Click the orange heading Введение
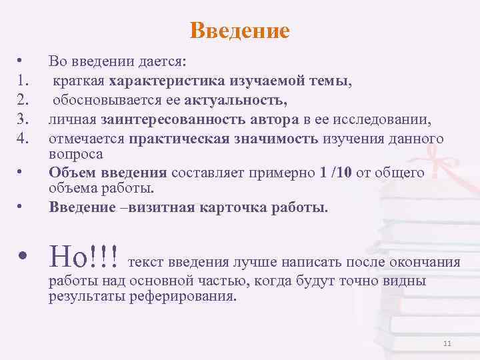coord(239,31)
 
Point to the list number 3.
coord(22,121)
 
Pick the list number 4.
coord(22,139)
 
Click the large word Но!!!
coord(84,255)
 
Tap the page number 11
coord(447,343)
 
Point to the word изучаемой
coord(261,82)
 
